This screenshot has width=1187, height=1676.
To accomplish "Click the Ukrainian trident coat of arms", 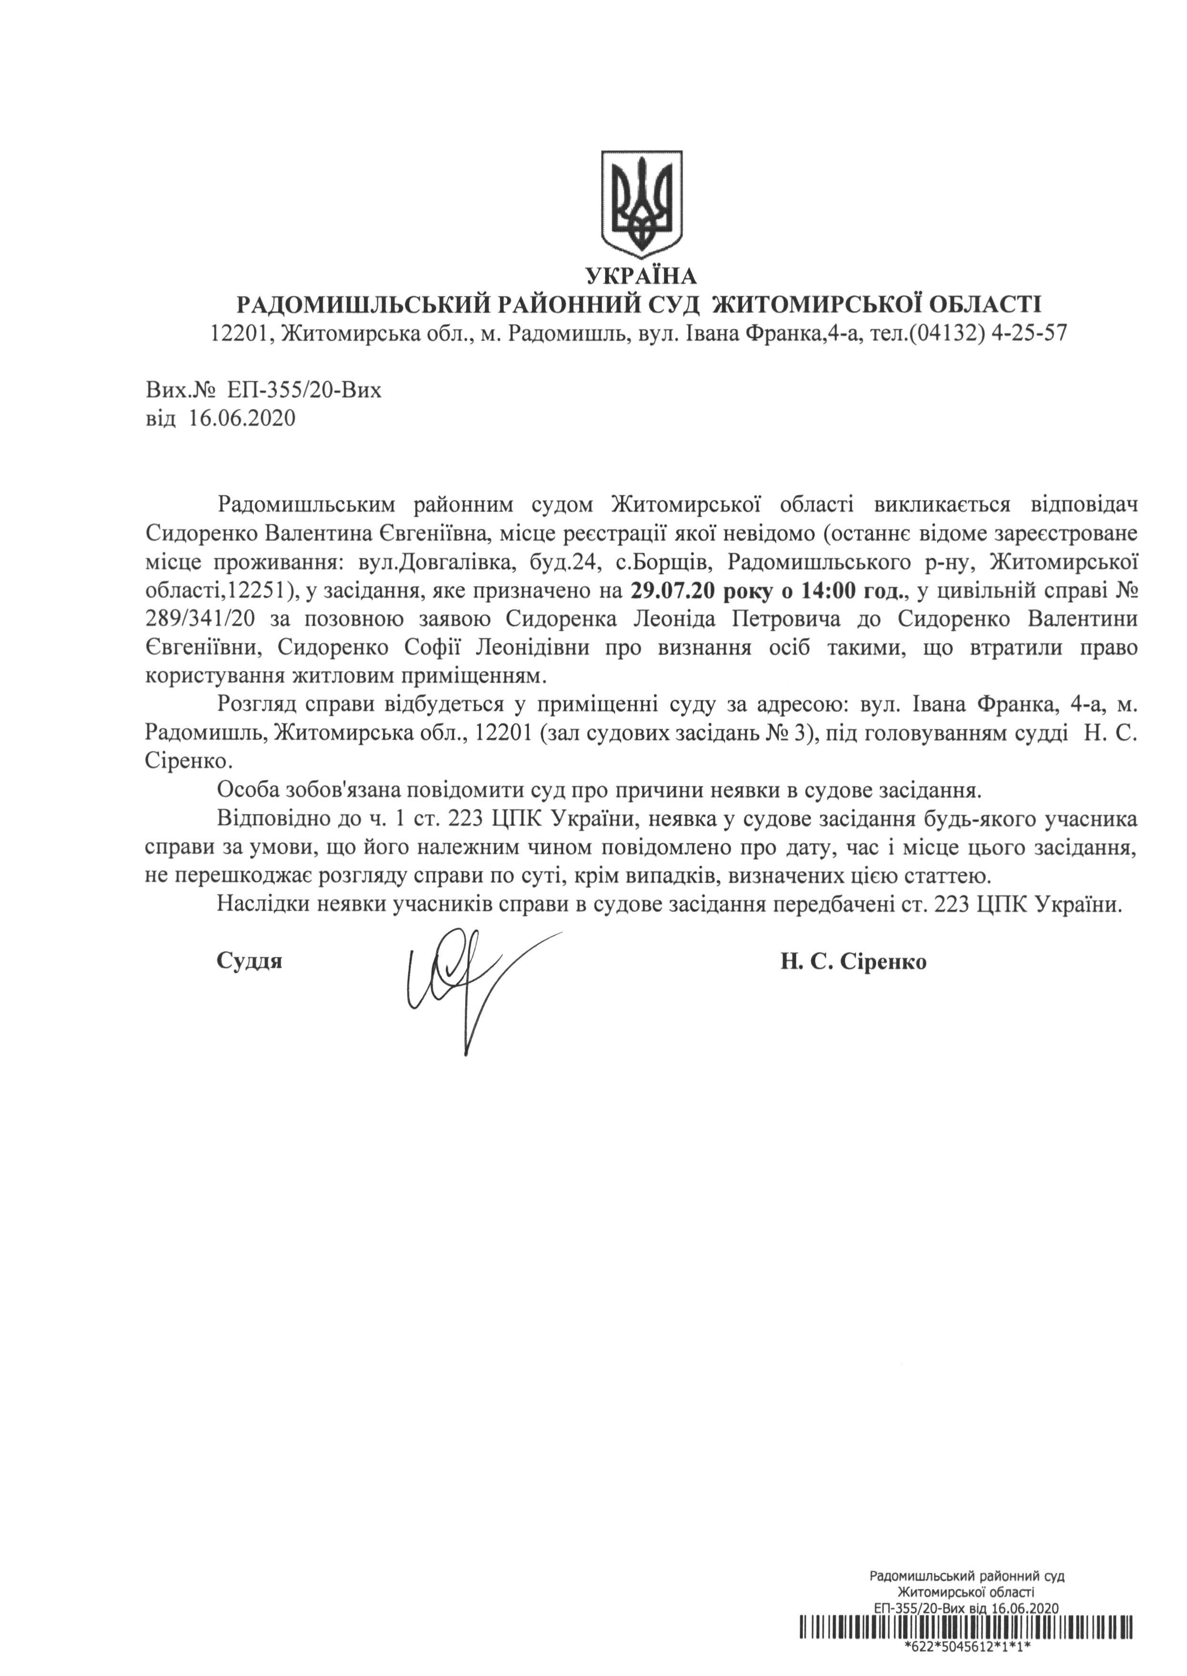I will click(641, 203).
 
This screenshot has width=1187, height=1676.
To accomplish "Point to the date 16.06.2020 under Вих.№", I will click(242, 419).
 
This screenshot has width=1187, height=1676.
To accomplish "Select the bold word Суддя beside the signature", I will click(249, 961).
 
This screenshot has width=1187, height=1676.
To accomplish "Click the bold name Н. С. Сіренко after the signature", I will click(853, 961).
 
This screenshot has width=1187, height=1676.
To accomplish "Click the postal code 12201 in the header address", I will click(238, 334).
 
